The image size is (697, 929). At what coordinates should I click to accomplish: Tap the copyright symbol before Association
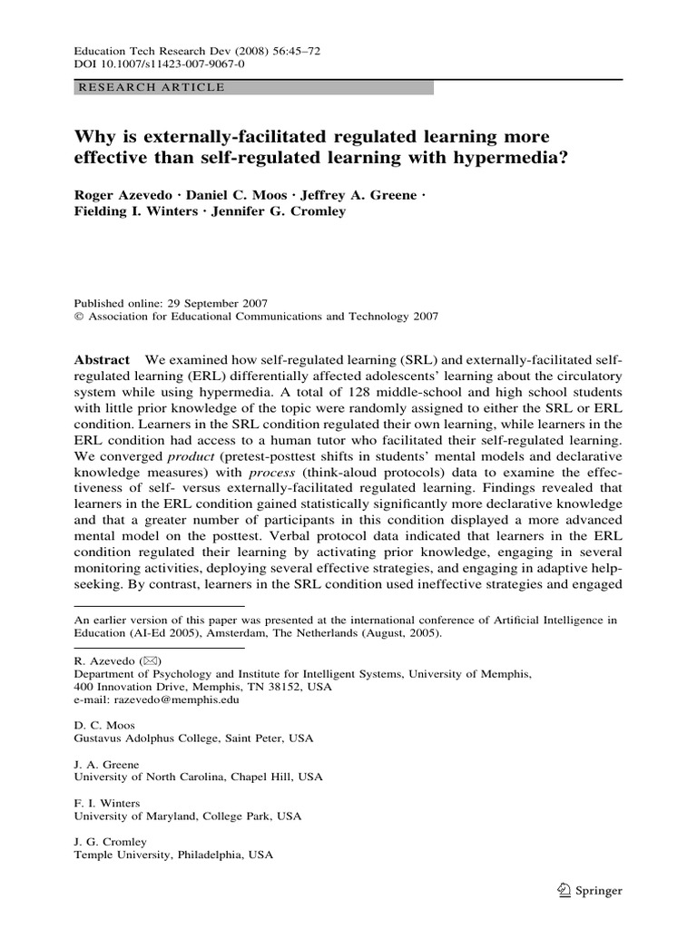coord(77,317)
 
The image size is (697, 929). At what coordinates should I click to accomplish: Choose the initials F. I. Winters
coord(106,803)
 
